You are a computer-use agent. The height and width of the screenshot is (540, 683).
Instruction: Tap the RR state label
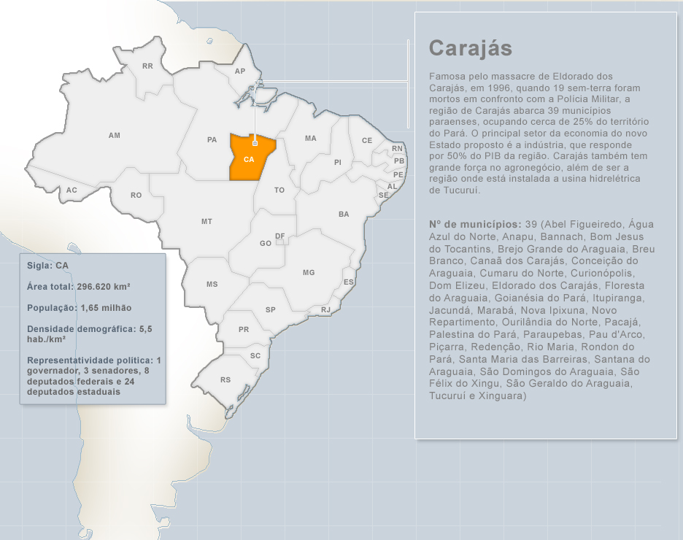[x=147, y=66]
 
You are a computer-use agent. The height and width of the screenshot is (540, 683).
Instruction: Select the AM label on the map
[x=115, y=136]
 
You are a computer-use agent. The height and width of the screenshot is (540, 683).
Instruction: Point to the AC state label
[x=72, y=190]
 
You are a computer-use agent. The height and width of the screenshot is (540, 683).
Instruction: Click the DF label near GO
[x=279, y=236]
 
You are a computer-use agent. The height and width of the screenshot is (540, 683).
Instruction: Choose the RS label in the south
[x=225, y=380]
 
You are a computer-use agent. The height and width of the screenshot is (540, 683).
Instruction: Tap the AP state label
[x=240, y=72]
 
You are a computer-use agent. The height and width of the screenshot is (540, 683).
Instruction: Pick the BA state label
[x=344, y=215]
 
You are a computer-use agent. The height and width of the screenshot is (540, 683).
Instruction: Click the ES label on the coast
[x=349, y=282]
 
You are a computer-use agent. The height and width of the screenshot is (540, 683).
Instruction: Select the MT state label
[x=207, y=221]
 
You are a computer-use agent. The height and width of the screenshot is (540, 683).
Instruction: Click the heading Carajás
[x=471, y=48]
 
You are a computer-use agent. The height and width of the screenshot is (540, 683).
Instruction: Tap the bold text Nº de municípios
[x=475, y=223]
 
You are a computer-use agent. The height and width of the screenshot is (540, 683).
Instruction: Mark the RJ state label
[x=325, y=310]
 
